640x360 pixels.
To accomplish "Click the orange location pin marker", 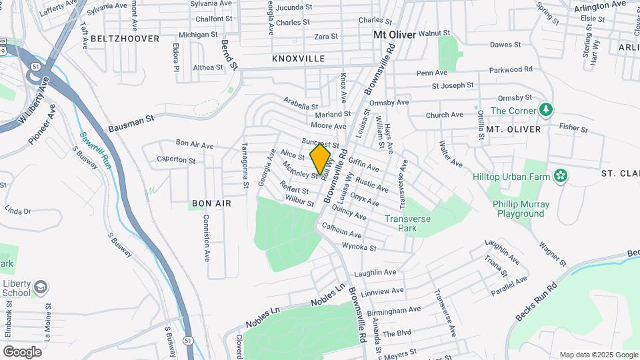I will coord(321,159).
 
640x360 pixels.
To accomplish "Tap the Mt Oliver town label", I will coord(395,34).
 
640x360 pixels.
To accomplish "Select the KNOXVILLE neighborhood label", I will coord(299,59).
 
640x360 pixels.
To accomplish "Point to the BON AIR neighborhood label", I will coord(211,203).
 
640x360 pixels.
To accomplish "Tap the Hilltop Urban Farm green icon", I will coord(561,177).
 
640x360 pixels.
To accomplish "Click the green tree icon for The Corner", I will coord(546,109).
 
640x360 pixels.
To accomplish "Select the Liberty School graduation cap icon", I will coord(40,287).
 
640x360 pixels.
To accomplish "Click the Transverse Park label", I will coord(408,223).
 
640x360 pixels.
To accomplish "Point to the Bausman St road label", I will coord(131,123).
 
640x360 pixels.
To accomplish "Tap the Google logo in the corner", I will coord(23,351).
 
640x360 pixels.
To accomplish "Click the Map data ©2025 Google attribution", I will coord(598,355).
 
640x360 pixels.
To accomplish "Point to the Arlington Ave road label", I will coord(600,6).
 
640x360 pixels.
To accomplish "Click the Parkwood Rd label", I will coord(511,69).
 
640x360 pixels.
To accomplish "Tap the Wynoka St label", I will coord(359,247).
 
